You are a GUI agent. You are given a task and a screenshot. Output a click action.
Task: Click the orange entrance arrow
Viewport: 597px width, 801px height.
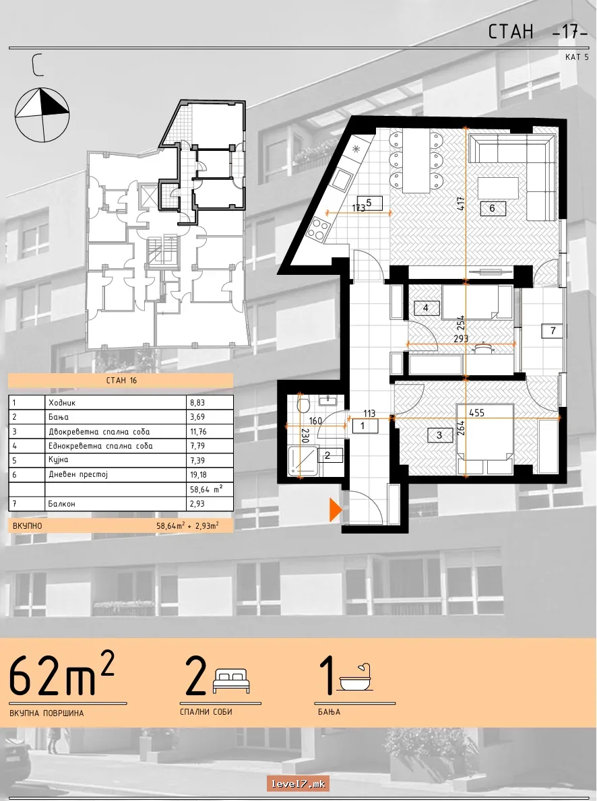coord(335,510)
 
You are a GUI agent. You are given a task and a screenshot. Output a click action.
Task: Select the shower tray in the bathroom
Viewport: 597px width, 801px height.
coord(303,461)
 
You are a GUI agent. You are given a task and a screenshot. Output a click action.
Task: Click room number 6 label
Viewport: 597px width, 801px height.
coord(492,208)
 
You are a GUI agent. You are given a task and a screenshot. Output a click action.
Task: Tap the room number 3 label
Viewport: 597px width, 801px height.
coord(439,435)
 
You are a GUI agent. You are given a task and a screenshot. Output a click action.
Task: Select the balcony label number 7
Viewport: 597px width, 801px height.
coord(553,331)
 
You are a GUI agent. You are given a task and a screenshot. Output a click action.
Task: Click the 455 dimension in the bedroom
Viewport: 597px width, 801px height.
coord(476,413)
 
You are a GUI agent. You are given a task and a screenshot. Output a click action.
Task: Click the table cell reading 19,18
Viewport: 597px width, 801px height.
coord(198,474)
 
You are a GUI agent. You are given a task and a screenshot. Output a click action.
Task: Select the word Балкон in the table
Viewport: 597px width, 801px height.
coord(62,504)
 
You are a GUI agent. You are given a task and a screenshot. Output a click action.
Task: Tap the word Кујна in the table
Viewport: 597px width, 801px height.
coord(58,459)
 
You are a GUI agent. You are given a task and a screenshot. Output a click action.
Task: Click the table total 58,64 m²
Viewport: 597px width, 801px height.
coord(206,489)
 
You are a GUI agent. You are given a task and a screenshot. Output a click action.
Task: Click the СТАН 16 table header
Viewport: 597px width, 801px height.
coord(121,381)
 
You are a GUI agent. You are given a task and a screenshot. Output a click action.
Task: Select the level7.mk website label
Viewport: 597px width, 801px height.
coord(297,783)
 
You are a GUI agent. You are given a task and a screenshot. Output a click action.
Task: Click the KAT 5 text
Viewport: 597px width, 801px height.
coord(577,57)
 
